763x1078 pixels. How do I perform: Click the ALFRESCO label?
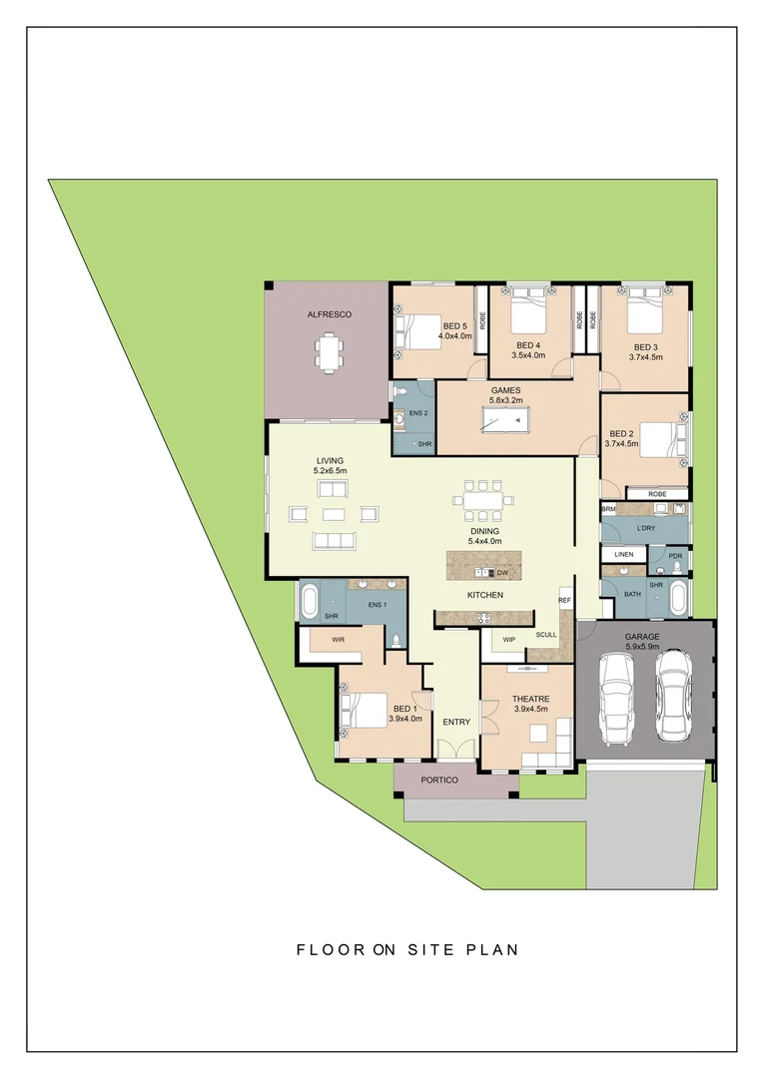pos(329,314)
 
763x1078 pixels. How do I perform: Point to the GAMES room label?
pos(505,390)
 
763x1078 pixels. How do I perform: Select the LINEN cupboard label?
pos(623,554)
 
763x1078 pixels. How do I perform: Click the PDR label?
pos(675,556)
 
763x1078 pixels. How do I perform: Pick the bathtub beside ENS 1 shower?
pos(309,602)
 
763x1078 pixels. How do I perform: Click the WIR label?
pos(324,640)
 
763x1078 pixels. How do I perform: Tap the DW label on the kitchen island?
pos(503,573)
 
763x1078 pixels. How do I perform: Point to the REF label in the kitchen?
pos(564,600)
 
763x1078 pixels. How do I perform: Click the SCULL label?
pos(546,635)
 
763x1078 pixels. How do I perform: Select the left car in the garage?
pos(616,696)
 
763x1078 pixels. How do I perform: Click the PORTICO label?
pos(438,781)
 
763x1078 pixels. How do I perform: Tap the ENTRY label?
pos(456,722)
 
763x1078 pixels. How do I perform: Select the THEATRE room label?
pos(531,698)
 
